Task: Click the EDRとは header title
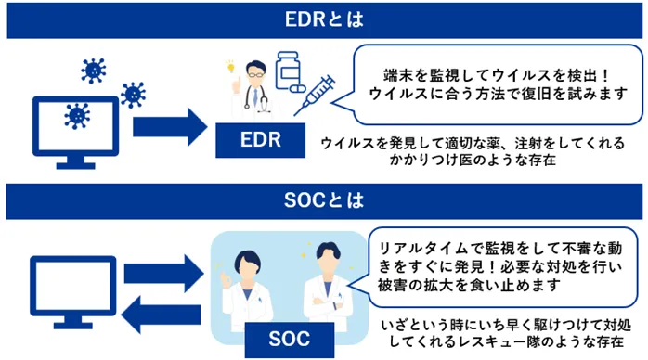(x=324, y=19)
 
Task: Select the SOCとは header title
(x=324, y=199)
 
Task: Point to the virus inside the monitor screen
(x=77, y=115)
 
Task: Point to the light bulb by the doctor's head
(x=228, y=68)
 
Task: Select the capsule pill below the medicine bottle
(x=295, y=93)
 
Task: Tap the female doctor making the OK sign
(x=252, y=283)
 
